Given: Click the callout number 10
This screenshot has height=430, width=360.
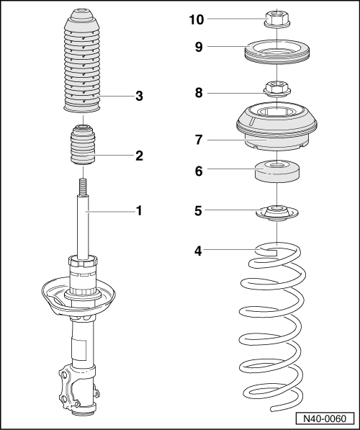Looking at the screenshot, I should point(197,19).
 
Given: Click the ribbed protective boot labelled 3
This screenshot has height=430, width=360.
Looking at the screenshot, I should point(85,65).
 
